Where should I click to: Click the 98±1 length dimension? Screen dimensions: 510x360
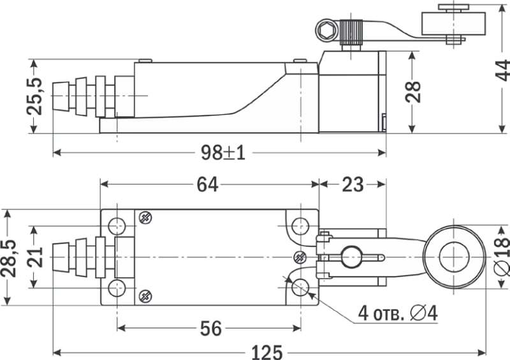[x=222, y=152]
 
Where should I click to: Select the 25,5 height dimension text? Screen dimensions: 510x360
[x=34, y=96]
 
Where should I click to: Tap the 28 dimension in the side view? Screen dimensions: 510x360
[x=413, y=92]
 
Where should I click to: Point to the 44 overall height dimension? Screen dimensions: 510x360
[x=502, y=70]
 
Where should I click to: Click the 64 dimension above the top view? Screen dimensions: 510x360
[x=208, y=184]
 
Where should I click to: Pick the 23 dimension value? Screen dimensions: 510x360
[x=353, y=184]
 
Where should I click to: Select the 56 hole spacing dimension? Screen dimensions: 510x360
[x=211, y=328]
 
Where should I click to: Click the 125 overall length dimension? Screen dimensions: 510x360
[x=267, y=352]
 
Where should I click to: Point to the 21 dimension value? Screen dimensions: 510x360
[x=35, y=257]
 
